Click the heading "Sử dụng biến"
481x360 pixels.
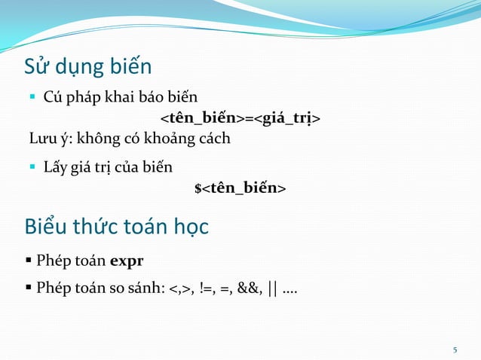tap(88, 67)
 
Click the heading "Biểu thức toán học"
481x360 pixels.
tap(117, 226)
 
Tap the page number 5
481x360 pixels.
tap(455, 349)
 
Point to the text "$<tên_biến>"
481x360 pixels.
tap(240, 187)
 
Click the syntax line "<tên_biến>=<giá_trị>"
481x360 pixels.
tap(240, 118)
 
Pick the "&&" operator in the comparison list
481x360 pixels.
tap(250, 288)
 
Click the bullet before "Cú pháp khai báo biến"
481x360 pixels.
tap(32, 97)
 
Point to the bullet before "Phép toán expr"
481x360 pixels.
tap(29, 262)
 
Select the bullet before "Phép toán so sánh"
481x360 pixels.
tap(29, 288)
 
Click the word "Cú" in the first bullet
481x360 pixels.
tap(52, 97)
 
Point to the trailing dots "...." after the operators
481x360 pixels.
tap(290, 289)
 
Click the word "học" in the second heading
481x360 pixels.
tap(188, 227)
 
